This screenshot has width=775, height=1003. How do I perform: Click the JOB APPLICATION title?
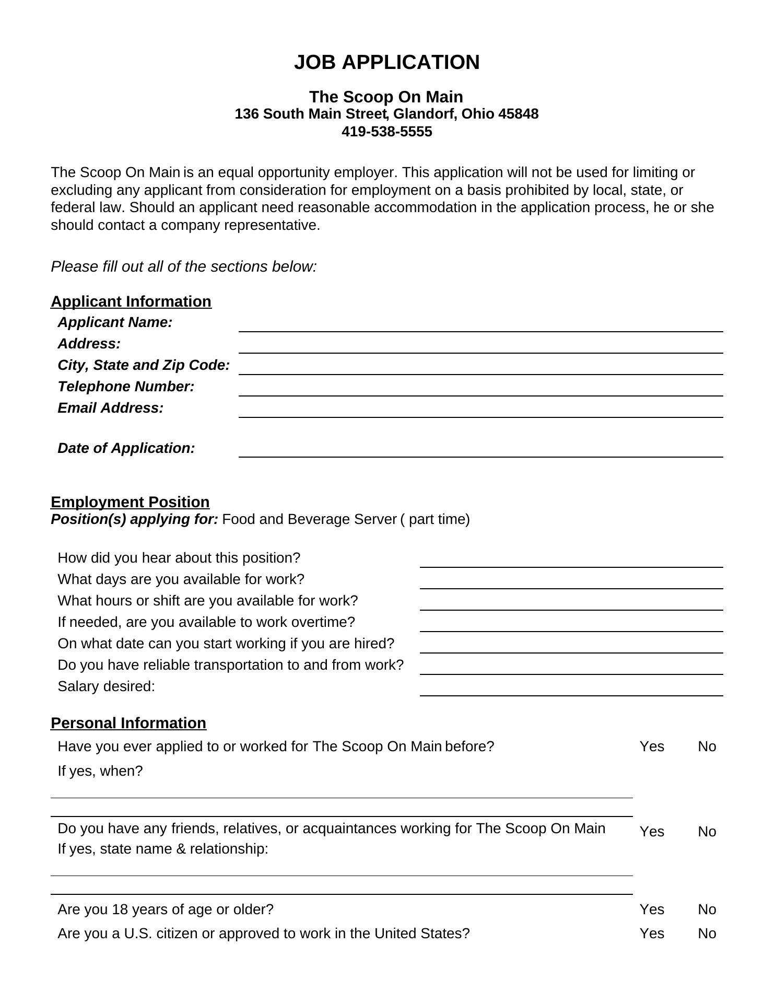pyautogui.click(x=386, y=62)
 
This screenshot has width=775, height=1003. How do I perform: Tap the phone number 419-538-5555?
pyautogui.click(x=386, y=132)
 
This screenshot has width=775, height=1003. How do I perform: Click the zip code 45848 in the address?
pyautogui.click(x=518, y=114)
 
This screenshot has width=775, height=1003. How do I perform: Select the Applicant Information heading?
pyautogui.click(x=131, y=301)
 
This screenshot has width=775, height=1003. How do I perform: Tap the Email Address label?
pyautogui.click(x=110, y=408)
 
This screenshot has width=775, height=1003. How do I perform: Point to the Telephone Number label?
pyautogui.click(x=126, y=387)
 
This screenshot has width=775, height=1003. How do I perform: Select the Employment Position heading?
pyautogui.click(x=130, y=502)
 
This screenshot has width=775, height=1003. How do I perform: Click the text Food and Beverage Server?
pyautogui.click(x=309, y=519)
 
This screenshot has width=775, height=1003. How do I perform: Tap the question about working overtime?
pyautogui.click(x=206, y=622)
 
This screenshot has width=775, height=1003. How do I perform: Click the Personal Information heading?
pyautogui.click(x=128, y=723)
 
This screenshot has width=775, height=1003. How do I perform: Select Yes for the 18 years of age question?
pyautogui.click(x=652, y=909)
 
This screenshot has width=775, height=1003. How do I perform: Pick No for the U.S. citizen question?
pyautogui.click(x=707, y=934)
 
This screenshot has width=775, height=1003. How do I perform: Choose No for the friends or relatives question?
pyautogui.click(x=707, y=832)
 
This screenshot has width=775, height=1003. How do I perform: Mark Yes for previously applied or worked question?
pyautogui.click(x=652, y=747)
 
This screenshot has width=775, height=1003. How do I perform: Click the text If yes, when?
pyautogui.click(x=100, y=771)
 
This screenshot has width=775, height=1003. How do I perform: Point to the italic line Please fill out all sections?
pyautogui.click(x=184, y=267)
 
